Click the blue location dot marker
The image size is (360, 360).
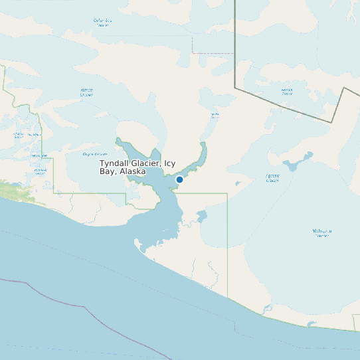click(x=179, y=179)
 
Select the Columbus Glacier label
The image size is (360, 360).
click(x=102, y=23)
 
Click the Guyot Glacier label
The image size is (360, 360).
click(x=95, y=154)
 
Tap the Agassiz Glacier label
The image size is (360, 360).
click(x=272, y=178)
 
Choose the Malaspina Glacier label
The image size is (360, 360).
click(x=321, y=232)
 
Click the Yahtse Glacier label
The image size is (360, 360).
click(x=86, y=92)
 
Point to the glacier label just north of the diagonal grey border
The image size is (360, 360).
click(x=287, y=91)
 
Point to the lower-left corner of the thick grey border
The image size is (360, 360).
click(x=235, y=86)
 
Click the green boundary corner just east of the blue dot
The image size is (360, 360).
click(x=227, y=194)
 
